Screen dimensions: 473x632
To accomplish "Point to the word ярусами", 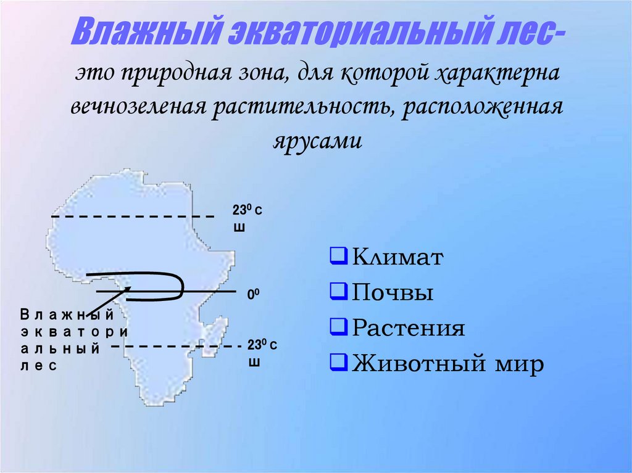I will [315, 139].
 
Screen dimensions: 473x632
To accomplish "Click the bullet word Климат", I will [397, 257].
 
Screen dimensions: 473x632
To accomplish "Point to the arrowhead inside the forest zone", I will [128, 289].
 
